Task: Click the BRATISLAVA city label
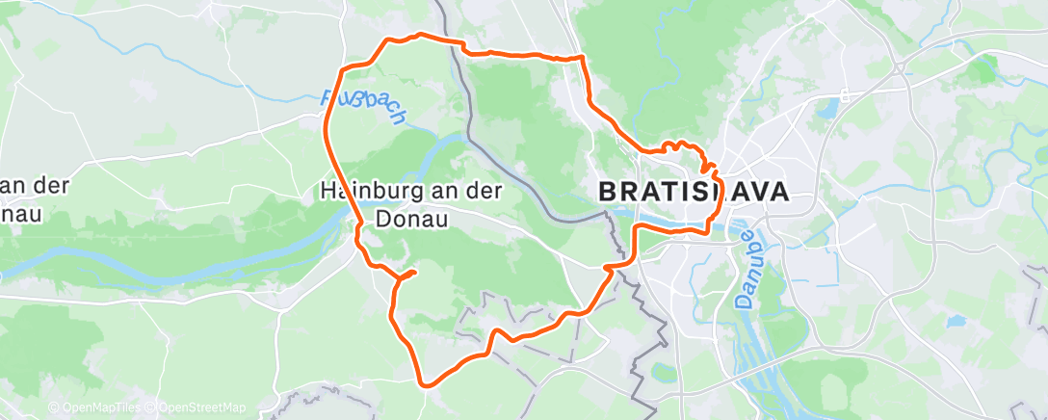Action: (x=694, y=191)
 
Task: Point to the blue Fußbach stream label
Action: (x=364, y=108)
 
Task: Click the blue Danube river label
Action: (x=745, y=265)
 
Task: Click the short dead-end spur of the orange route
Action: (x=408, y=274)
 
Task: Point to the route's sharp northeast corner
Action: (x=582, y=58)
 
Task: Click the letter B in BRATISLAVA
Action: (x=609, y=191)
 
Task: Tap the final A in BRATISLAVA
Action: (x=777, y=191)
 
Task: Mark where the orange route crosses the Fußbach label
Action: (x=327, y=103)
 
